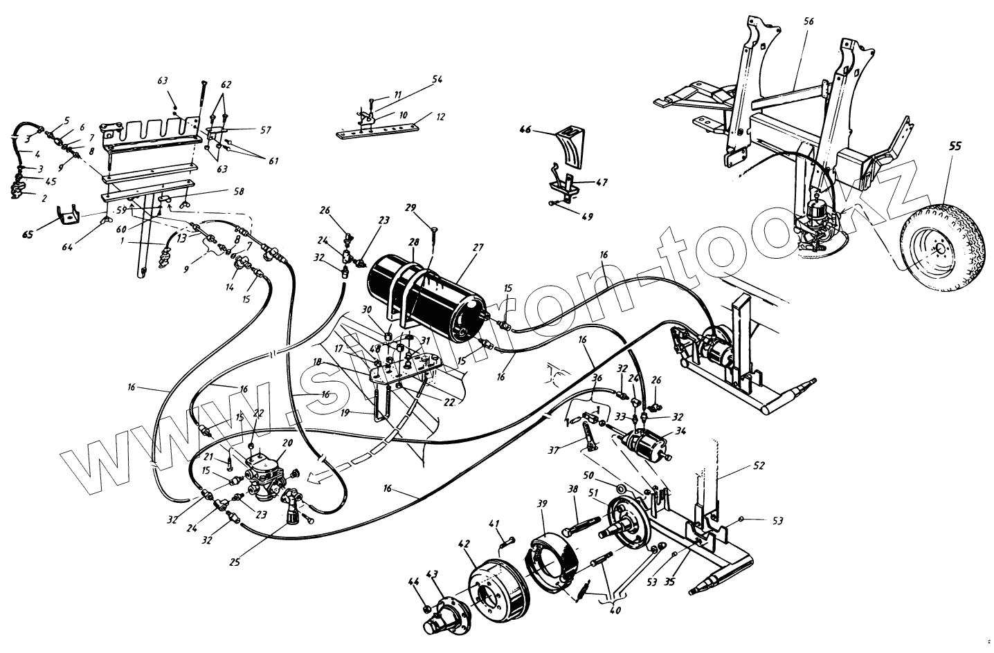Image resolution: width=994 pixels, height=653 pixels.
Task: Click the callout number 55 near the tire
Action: (x=955, y=147)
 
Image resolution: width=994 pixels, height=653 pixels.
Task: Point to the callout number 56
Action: (x=809, y=21)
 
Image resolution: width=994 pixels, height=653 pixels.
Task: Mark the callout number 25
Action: (x=235, y=562)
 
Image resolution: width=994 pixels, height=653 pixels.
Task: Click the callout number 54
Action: (x=437, y=80)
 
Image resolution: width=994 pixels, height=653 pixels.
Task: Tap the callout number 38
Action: (x=573, y=488)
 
